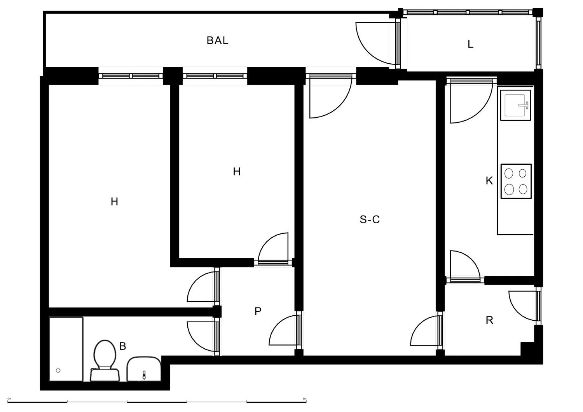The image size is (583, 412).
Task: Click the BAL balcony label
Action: pos(217,40)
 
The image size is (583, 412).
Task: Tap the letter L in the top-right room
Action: pos(470,44)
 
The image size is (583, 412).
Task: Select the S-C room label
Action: pos(369,220)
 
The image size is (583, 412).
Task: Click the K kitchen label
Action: pos(489,181)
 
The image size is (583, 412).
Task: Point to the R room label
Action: pos(489,320)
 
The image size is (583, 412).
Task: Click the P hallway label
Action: pos(258,311)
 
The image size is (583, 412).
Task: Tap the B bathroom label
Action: pos(122,346)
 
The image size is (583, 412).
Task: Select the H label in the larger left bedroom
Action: pos(114,202)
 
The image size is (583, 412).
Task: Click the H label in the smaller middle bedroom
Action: pos(237,172)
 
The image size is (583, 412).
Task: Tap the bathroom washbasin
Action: pos(144,369)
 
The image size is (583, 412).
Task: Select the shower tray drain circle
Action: pos(58,370)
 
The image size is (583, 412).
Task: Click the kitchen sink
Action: pos(515,104)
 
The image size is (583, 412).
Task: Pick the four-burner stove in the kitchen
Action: pos(516,181)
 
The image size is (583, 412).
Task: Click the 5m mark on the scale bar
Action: pos(305,399)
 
